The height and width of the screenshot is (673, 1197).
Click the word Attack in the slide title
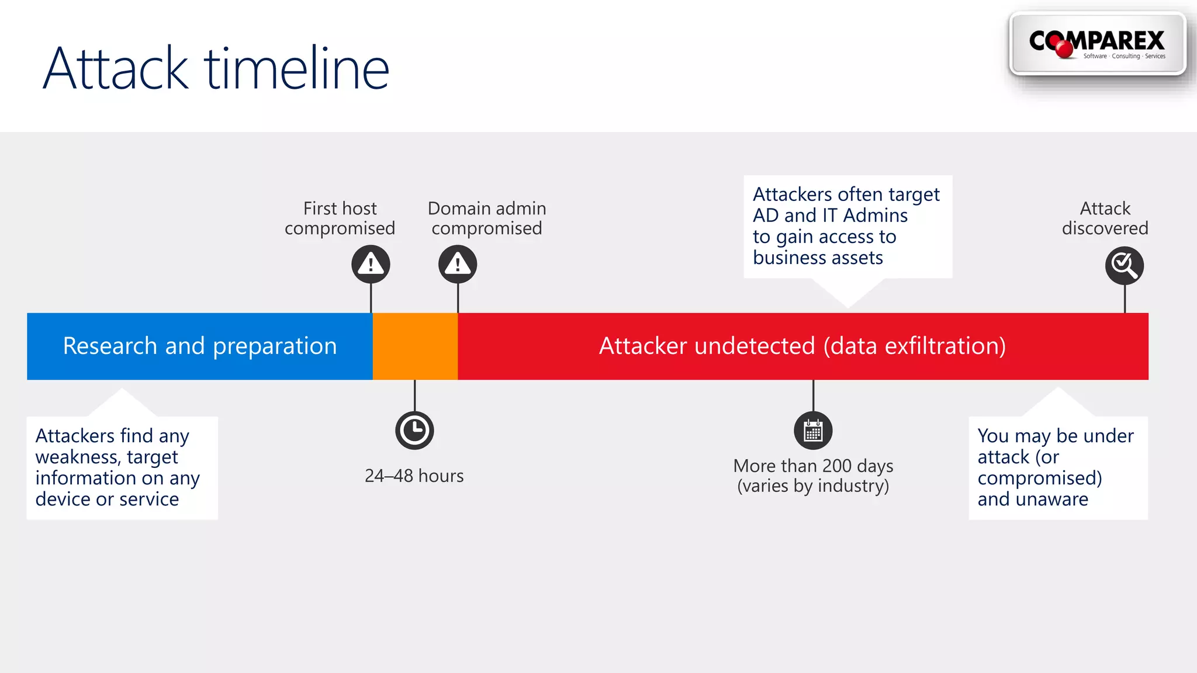[x=115, y=69]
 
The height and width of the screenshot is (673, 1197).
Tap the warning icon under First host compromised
[x=371, y=265]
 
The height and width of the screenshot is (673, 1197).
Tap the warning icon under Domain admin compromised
[x=458, y=265]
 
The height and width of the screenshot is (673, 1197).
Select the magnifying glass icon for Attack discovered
[x=1124, y=266]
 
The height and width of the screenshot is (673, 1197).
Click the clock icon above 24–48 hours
[x=414, y=431]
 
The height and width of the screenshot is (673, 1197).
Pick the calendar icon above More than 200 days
[x=813, y=431]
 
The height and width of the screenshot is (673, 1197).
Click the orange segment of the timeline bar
[x=415, y=346]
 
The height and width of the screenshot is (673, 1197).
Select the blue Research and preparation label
[x=199, y=346]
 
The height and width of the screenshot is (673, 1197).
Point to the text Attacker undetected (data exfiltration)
[x=802, y=346]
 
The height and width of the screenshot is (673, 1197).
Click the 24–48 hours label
[x=414, y=476]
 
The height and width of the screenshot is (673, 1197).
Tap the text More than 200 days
[x=813, y=466]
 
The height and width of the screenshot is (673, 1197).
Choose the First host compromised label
[x=340, y=218]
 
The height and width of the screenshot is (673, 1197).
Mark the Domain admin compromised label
[x=487, y=218]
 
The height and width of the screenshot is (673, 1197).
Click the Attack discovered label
[x=1105, y=218]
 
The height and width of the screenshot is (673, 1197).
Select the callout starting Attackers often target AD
[x=847, y=226]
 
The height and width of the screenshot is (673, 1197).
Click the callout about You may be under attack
[x=1057, y=467]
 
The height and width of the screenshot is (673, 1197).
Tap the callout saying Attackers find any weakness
[x=122, y=467]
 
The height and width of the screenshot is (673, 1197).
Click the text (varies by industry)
[x=813, y=486]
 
